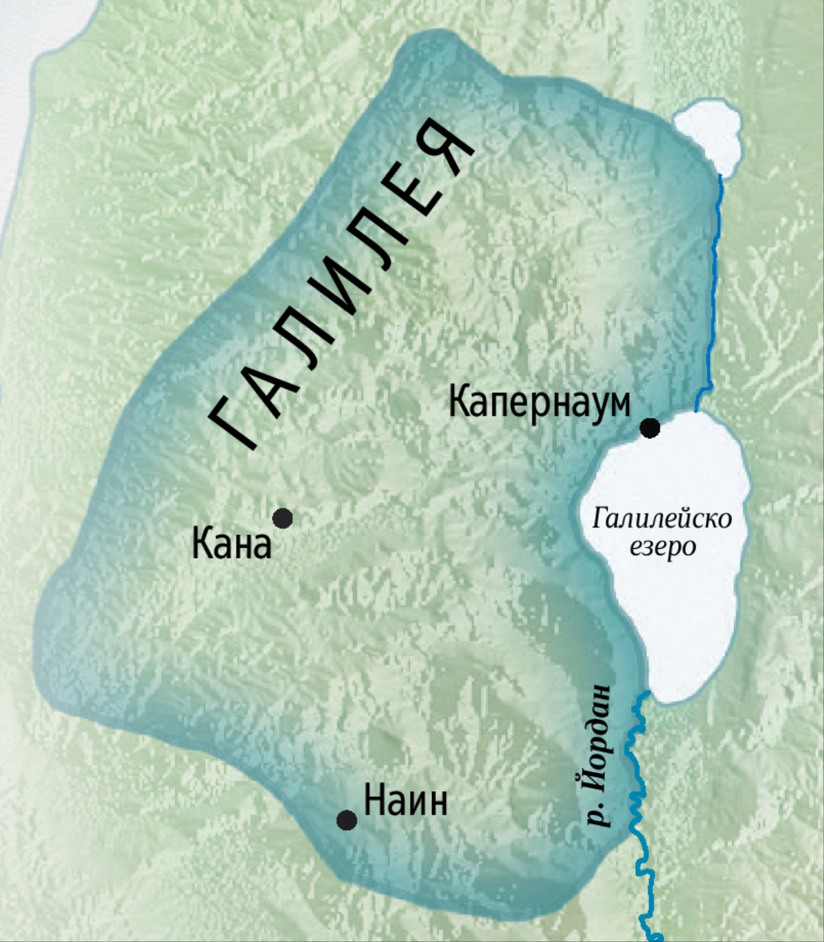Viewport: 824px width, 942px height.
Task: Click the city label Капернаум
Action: (539, 403)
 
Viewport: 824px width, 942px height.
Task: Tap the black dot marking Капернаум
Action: (650, 428)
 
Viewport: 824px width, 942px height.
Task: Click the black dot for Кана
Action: (282, 518)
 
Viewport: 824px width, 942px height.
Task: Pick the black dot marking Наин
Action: (347, 820)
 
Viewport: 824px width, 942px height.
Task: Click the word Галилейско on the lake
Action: (662, 519)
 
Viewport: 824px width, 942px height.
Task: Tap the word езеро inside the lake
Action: (662, 547)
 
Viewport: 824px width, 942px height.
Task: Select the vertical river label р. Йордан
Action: (599, 755)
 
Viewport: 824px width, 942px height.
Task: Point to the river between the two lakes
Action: (714, 288)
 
